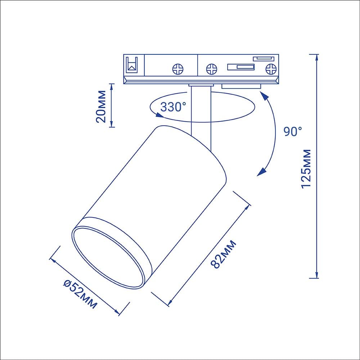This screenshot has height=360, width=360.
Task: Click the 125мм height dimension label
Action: click(306, 169)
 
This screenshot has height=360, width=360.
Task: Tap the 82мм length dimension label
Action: click(223, 254)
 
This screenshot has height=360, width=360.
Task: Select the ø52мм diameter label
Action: click(80, 294)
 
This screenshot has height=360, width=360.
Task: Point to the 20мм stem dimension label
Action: click(101, 107)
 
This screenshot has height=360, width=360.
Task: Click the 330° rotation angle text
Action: click(174, 107)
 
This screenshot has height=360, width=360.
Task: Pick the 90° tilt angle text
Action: click(293, 131)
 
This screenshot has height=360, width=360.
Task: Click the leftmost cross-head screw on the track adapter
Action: click(178, 69)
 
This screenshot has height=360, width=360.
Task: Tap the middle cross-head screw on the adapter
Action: click(211, 69)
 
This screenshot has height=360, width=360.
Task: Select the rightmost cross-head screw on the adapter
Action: click(271, 69)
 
